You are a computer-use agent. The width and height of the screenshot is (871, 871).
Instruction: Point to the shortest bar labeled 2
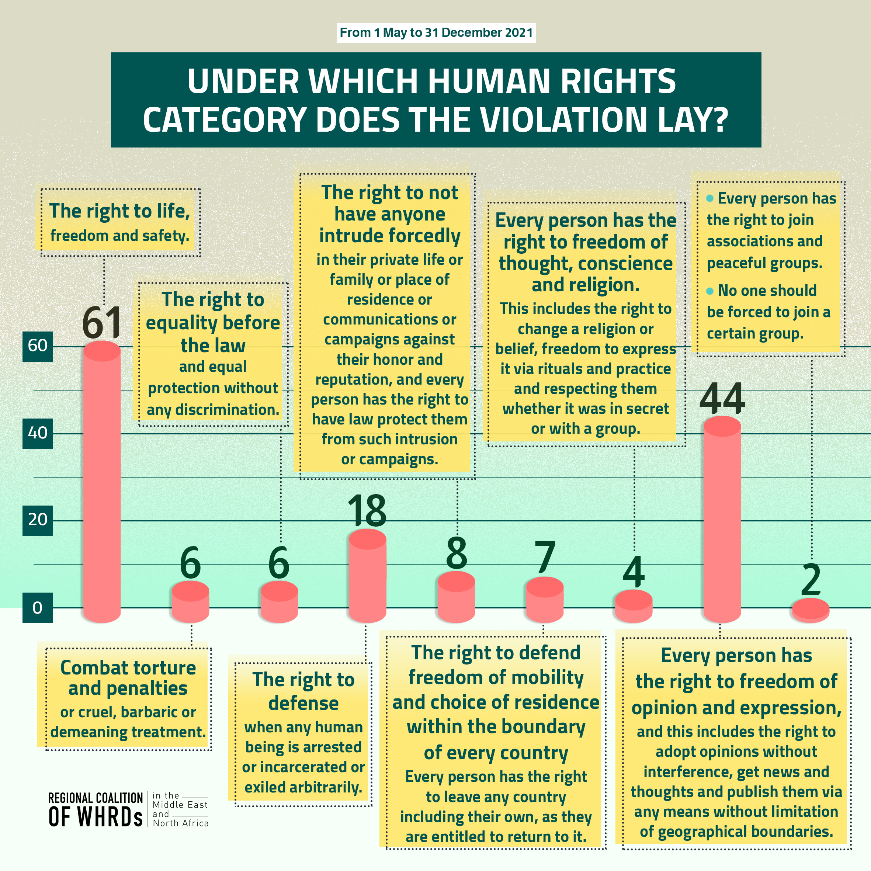(811, 609)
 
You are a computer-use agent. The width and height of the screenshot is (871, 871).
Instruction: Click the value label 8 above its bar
(456, 553)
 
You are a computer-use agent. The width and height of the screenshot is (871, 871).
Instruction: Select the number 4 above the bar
(634, 572)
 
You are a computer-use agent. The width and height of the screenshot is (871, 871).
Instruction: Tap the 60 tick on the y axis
(37, 346)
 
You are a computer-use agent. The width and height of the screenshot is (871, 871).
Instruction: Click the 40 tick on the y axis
(37, 433)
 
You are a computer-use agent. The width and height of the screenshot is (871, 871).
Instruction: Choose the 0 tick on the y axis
(37, 608)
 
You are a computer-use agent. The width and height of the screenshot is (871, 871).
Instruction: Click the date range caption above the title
(436, 33)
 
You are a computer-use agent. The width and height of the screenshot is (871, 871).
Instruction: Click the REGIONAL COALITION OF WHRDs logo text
(96, 810)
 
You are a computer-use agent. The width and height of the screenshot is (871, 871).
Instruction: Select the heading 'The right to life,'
(119, 211)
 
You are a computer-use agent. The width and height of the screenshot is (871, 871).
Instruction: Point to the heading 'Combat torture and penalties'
(128, 678)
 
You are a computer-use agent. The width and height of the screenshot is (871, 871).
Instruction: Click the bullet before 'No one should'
(709, 291)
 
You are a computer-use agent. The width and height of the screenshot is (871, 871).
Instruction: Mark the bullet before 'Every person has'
(709, 198)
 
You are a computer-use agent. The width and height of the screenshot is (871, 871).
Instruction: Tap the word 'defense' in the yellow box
(303, 703)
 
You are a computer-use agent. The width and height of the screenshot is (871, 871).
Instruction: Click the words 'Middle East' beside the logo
(180, 805)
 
